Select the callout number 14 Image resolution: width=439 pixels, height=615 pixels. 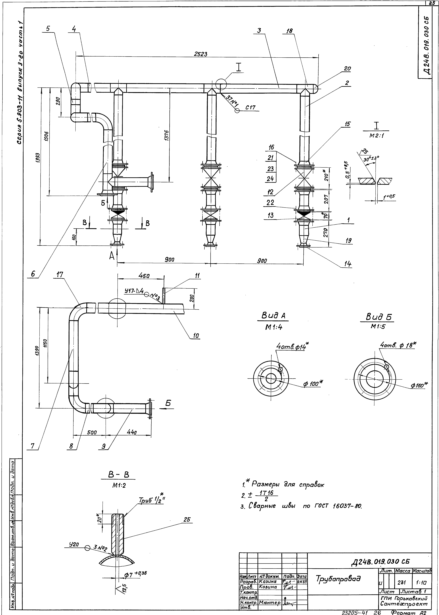pyautogui.click(x=348, y=264)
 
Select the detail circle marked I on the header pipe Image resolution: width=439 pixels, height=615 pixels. pyautogui.click(x=221, y=84)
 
